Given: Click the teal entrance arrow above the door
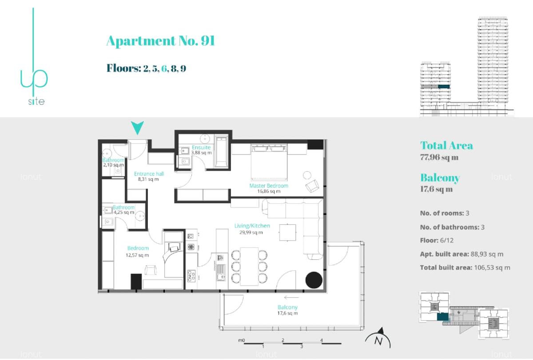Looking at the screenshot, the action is (x=137, y=127).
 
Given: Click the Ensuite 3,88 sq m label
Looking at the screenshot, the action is (x=201, y=150).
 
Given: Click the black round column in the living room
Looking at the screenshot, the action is (x=314, y=280).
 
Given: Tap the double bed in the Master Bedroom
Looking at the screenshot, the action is (x=269, y=162).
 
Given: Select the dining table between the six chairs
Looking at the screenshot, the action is (x=249, y=266).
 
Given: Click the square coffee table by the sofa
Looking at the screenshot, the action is (x=288, y=232).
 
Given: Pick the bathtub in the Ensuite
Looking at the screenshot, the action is (x=221, y=151).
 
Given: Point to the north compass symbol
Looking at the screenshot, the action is (x=378, y=338).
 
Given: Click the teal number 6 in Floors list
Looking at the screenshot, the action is (x=164, y=68).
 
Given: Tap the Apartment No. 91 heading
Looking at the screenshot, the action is (x=161, y=41).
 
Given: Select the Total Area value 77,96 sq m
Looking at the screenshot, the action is (x=439, y=157).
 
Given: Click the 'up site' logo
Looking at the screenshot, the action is (x=34, y=57).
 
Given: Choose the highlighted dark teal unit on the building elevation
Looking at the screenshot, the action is (x=444, y=87).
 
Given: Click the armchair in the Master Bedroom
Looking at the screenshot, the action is (x=312, y=186).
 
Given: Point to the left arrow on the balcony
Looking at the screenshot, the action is (x=291, y=297).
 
